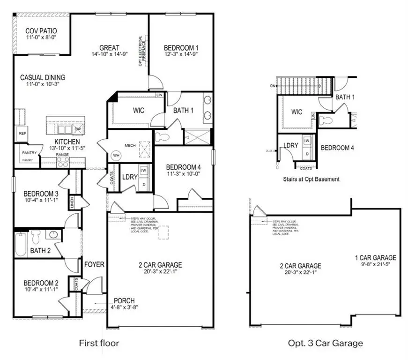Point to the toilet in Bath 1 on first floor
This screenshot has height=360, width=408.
click(162, 137)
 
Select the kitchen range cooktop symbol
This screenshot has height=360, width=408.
click(63, 162)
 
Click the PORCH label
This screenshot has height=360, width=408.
click(124, 300)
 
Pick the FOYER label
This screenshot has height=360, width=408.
click(94, 264)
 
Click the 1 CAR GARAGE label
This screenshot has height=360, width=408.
click(375, 257)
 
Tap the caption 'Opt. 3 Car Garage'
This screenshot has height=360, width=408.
click(325, 343)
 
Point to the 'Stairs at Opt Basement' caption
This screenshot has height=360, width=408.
click(311, 179)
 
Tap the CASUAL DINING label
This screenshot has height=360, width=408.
click(43, 77)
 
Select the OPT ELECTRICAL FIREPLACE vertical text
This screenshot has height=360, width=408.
click(142, 51)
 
